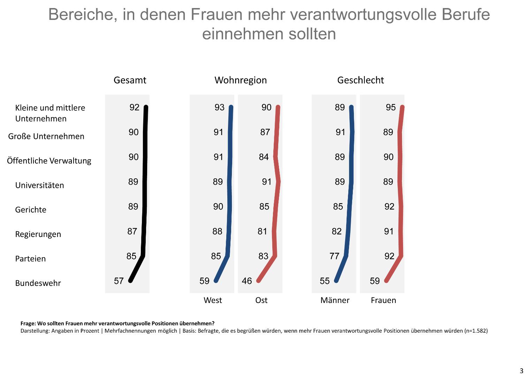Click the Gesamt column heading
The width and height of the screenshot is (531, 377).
[130, 80]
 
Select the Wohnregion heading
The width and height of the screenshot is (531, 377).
[241, 80]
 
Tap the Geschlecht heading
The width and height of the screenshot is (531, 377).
[361, 80]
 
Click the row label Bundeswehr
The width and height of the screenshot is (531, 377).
[38, 283]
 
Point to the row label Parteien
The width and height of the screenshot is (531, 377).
[30, 259]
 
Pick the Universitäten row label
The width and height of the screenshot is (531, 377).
[39, 185]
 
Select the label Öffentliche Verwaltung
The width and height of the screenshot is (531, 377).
[49, 161]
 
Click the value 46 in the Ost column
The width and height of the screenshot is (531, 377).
[247, 281]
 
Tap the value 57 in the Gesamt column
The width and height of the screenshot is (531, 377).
[119, 281]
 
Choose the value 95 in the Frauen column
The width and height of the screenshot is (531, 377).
[391, 108]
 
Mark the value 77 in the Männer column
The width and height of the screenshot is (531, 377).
[334, 256]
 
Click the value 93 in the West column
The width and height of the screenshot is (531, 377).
[219, 108]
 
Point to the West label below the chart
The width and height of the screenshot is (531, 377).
[213, 301]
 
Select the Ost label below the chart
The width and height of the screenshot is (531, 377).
[261, 301]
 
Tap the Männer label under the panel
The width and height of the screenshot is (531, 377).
[335, 301]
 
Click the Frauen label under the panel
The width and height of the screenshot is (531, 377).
[383, 301]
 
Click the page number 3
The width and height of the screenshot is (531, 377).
[522, 371]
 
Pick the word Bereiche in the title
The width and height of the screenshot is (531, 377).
[83, 15]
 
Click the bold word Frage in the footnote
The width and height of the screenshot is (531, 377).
[28, 324]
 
